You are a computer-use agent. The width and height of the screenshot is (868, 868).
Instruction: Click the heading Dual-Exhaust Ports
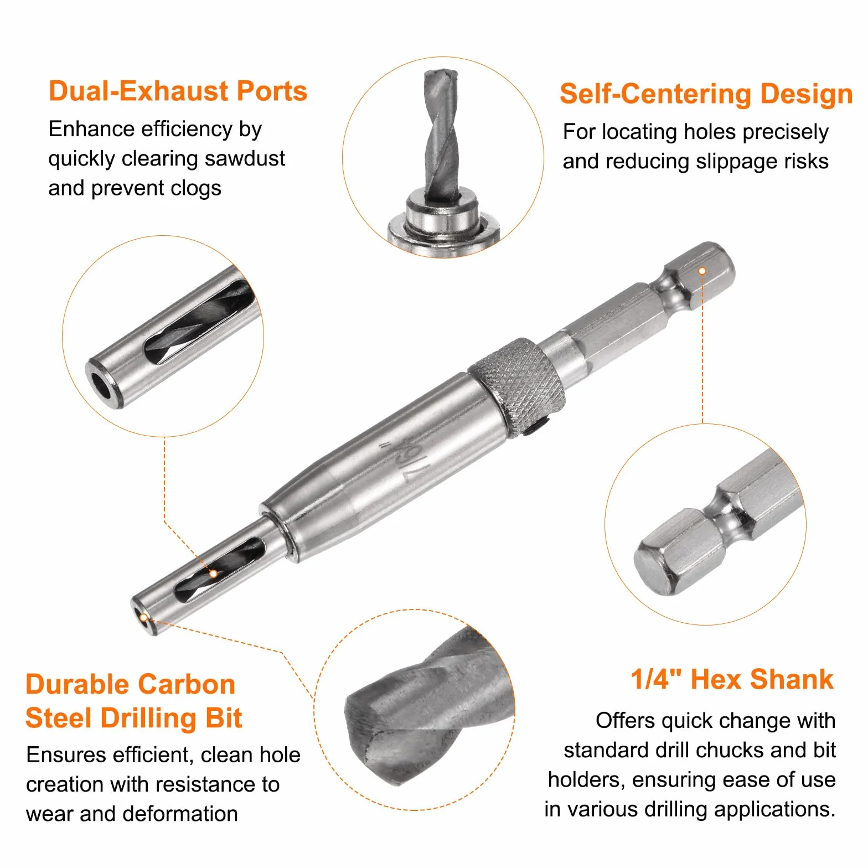pyautogui.click(x=178, y=91)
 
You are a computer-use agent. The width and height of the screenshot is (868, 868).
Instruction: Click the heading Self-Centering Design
pyautogui.click(x=706, y=94)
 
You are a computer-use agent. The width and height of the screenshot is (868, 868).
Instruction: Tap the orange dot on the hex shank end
pyautogui.click(x=702, y=271)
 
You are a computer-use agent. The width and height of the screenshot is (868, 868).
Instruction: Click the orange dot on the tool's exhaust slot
pyautogui.click(x=213, y=574)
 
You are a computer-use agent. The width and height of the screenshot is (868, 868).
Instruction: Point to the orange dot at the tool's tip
pyautogui.click(x=143, y=618)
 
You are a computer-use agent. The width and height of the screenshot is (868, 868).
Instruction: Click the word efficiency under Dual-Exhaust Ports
pyautogui.click(x=188, y=130)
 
